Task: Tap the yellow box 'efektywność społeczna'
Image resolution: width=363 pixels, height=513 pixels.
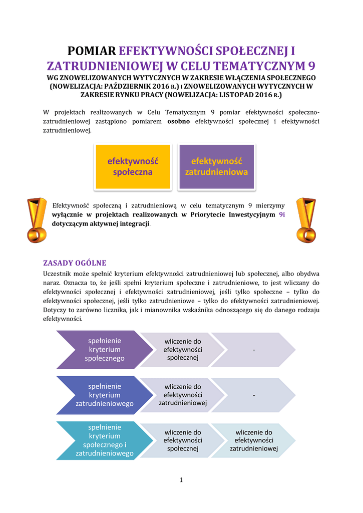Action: click(132, 166)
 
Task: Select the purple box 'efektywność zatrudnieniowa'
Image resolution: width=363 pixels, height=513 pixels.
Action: click(216, 166)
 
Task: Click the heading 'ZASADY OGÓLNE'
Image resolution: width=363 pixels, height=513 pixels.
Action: click(75, 263)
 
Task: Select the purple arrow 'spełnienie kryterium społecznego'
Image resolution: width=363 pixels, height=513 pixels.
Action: click(104, 350)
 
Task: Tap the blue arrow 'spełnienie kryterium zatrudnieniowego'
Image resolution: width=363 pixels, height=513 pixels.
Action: click(104, 395)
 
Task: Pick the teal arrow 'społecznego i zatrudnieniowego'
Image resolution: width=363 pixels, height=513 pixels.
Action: click(104, 440)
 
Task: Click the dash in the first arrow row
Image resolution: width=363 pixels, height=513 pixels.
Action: click(254, 350)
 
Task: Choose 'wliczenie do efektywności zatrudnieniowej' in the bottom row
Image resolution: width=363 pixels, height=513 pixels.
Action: click(254, 440)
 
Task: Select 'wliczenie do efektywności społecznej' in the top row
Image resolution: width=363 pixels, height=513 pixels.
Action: click(183, 350)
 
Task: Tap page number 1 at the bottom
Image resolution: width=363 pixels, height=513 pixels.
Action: click(181, 480)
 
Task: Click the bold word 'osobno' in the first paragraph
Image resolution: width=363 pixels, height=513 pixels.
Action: click(178, 121)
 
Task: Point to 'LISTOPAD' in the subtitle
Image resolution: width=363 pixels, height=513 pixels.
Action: click(241, 94)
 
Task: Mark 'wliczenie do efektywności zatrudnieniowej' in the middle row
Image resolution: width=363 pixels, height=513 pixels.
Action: click(183, 395)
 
